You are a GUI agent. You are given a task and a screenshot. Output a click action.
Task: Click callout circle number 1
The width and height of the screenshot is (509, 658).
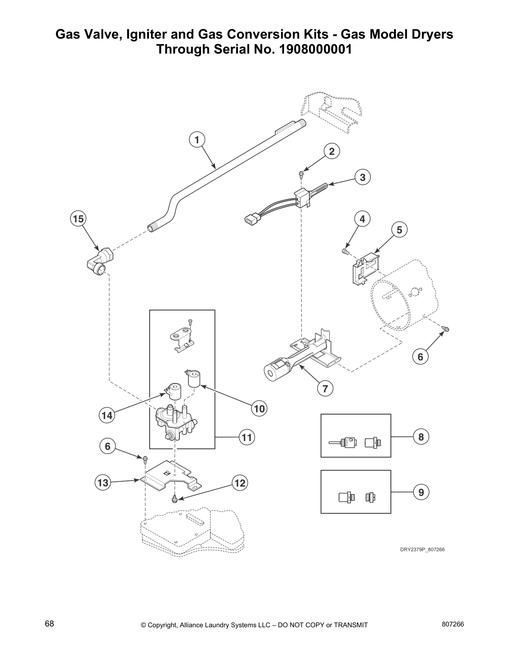point(198,140)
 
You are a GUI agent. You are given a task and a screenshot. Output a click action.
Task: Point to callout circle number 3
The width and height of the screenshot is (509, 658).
point(362,177)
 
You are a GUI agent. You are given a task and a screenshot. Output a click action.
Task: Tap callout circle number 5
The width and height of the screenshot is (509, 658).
point(399,229)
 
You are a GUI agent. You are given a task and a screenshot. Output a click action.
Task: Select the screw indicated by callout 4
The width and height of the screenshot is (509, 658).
point(344,251)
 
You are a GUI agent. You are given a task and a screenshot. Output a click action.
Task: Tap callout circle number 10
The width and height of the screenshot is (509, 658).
point(259,409)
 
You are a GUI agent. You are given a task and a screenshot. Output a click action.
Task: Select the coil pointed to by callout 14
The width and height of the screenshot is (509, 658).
point(173,392)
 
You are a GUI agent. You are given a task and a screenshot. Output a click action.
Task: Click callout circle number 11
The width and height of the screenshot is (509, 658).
point(247,437)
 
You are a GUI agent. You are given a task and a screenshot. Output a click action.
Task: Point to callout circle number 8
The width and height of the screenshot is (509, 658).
point(421,437)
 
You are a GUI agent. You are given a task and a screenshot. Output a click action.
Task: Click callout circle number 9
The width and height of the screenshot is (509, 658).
point(421,492)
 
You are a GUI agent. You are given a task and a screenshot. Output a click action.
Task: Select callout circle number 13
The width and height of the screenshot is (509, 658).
point(103,483)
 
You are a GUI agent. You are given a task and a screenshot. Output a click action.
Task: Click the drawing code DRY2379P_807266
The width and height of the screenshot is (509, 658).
point(422,550)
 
